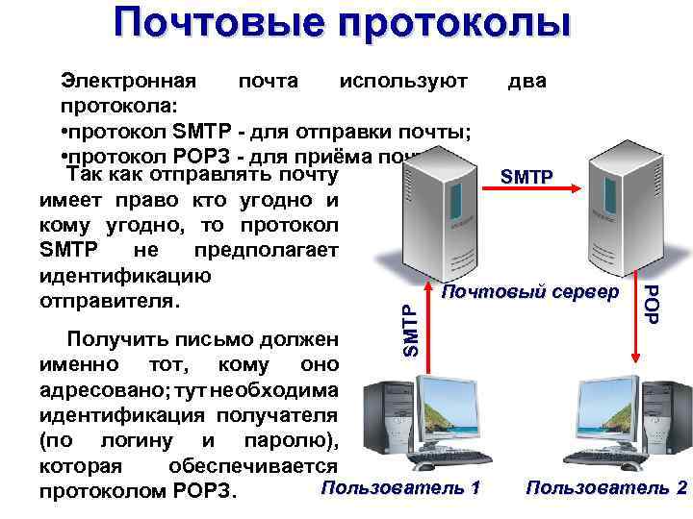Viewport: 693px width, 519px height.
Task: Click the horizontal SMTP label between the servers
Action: click(x=528, y=177)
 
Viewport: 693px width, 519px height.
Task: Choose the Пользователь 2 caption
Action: click(x=607, y=487)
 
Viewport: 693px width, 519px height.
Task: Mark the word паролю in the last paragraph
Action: click(x=283, y=441)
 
